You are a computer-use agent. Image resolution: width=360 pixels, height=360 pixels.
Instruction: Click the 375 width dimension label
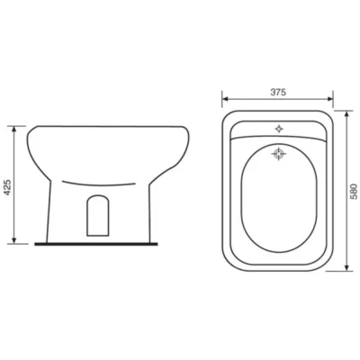click(278, 92)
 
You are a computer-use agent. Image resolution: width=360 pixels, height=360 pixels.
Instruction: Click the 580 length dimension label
click(355, 192)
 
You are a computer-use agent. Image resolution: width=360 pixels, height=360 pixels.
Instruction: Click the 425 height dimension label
click(8, 188)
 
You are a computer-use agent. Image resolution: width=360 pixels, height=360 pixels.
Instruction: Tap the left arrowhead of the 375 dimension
click(225, 99)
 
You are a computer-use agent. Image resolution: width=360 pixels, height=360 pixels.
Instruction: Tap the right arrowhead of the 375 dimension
click(329, 99)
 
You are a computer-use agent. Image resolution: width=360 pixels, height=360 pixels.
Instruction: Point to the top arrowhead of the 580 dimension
click(346, 114)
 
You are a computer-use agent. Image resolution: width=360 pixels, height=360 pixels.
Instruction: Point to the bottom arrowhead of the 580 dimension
click(346, 267)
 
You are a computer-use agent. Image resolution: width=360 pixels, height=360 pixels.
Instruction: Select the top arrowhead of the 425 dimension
click(13, 130)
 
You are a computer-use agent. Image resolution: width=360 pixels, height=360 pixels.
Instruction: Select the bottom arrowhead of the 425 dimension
click(13, 240)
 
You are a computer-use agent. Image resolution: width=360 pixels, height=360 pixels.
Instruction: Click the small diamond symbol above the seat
click(279, 129)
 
